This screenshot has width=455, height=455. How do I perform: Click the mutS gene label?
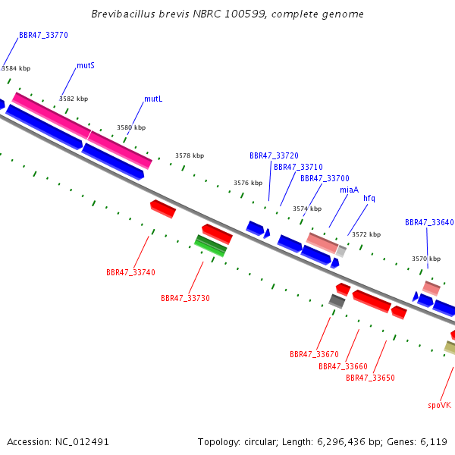[86, 65]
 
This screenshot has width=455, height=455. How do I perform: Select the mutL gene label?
[153, 99]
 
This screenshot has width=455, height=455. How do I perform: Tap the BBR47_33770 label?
[43, 35]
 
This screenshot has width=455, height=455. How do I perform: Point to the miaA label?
[350, 190]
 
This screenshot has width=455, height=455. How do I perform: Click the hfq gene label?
[369, 198]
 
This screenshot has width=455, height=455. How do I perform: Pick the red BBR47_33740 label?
[131, 272]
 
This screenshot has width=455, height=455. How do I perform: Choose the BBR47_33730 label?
[186, 298]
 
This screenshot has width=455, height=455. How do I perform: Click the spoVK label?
[440, 406]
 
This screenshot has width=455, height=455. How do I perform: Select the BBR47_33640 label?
[429, 222]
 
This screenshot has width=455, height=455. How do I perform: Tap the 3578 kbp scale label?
[190, 155]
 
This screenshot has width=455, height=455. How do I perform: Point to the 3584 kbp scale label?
[16, 68]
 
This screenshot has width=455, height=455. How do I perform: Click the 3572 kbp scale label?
[366, 234]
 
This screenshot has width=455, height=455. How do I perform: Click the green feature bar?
[210, 246]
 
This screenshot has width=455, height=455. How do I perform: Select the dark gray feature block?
[337, 301]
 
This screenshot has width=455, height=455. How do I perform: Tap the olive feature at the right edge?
[450, 347]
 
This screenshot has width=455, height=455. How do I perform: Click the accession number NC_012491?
[82, 442]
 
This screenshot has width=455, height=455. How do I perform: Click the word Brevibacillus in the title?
[124, 14]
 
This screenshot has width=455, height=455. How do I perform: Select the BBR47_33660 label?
[344, 366]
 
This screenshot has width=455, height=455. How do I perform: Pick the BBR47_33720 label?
[275, 155]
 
